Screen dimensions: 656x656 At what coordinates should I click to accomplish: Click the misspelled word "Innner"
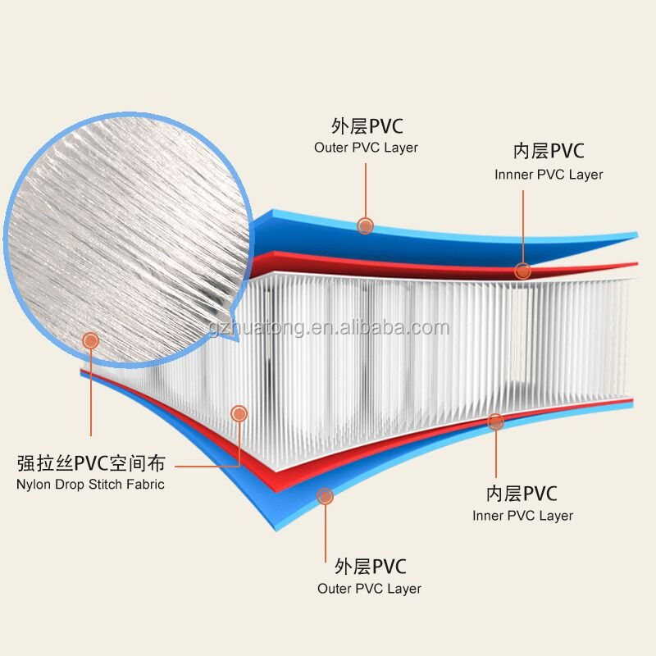pos(512,175)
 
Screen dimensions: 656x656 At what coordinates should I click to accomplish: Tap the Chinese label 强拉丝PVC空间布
pos(90,464)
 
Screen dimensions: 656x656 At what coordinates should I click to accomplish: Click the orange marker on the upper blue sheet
pos(366,225)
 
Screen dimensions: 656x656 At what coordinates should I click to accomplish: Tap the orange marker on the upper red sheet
pos(522,271)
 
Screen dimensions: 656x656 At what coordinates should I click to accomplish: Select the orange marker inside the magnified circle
pos(90,339)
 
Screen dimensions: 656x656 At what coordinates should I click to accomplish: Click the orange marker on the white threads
pos(239,412)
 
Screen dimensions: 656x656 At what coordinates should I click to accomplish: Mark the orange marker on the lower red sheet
pos(495,421)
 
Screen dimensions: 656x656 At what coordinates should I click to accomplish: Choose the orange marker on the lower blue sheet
pos(326,495)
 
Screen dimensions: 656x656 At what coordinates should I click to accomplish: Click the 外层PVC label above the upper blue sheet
pos(367,126)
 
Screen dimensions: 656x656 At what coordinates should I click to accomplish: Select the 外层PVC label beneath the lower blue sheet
pos(370,567)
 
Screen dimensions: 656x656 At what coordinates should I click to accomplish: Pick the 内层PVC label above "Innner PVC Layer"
pos(548,152)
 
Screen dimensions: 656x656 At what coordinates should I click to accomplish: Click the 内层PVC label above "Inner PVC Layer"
pos(521,494)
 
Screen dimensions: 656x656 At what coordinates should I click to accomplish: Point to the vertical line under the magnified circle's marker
pos(90,394)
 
